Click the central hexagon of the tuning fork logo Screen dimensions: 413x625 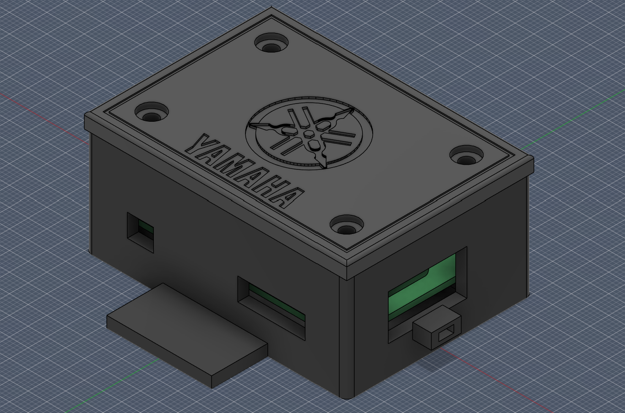tap(308, 135)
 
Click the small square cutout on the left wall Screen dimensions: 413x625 tap(140, 231)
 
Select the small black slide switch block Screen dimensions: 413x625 tap(435, 328)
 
